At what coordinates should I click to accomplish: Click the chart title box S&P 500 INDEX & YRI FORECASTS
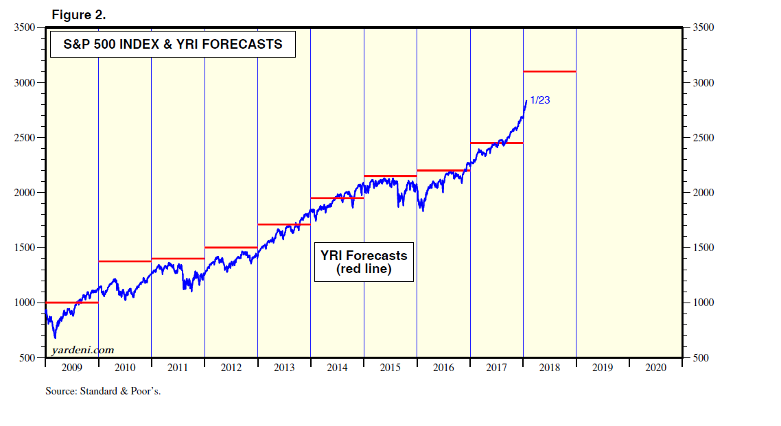pyautogui.click(x=173, y=45)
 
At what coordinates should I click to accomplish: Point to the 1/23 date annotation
pyautogui.click(x=540, y=99)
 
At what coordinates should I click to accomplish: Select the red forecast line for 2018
pyautogui.click(x=549, y=71)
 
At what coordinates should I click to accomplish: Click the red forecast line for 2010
pyautogui.click(x=125, y=261)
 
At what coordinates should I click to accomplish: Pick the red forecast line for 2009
pyautogui.click(x=72, y=303)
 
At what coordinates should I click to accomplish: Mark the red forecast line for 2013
pyautogui.click(x=284, y=224)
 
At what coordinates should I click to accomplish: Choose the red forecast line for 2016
pyautogui.click(x=443, y=170)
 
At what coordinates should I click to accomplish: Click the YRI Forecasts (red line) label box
pyautogui.click(x=364, y=261)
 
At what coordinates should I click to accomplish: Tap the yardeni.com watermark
pyautogui.click(x=82, y=351)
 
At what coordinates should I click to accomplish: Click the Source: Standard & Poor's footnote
pyautogui.click(x=103, y=391)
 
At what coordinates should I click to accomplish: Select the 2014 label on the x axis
pyautogui.click(x=337, y=368)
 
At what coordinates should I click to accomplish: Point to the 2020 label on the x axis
pyautogui.click(x=655, y=368)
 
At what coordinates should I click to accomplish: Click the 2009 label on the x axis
pyautogui.click(x=71, y=368)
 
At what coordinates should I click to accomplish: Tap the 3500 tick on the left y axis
pyautogui.click(x=25, y=28)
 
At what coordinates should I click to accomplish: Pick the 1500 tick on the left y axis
pyautogui.click(x=25, y=248)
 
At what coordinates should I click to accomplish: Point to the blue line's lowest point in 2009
pyautogui.click(x=55, y=338)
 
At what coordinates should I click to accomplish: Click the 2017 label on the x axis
pyautogui.click(x=496, y=368)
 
